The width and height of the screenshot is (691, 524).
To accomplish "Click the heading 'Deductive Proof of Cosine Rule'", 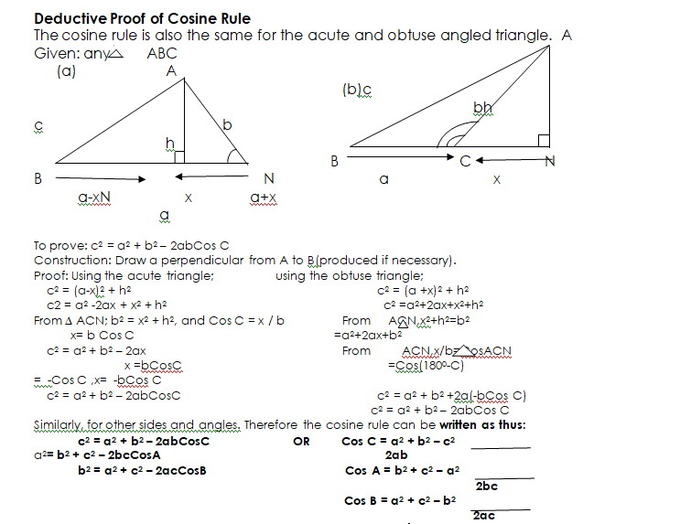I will [142, 18].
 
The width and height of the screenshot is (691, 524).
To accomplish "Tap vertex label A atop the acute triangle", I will [171, 70].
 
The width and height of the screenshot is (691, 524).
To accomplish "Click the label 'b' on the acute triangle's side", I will [227, 123].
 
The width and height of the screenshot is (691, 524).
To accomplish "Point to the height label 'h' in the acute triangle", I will [169, 142].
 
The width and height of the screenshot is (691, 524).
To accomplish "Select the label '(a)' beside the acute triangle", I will [66, 70].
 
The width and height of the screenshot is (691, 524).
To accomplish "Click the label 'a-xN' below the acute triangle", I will [95, 197].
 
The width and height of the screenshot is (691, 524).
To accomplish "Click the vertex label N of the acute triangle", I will [267, 177].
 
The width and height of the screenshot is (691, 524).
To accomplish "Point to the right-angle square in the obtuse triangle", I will [544, 140].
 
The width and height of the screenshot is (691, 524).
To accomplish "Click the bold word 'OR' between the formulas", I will [300, 441].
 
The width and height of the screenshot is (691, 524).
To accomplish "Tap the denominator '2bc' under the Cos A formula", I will [486, 486].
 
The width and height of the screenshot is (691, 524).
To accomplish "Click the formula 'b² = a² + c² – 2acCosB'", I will [142, 471].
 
